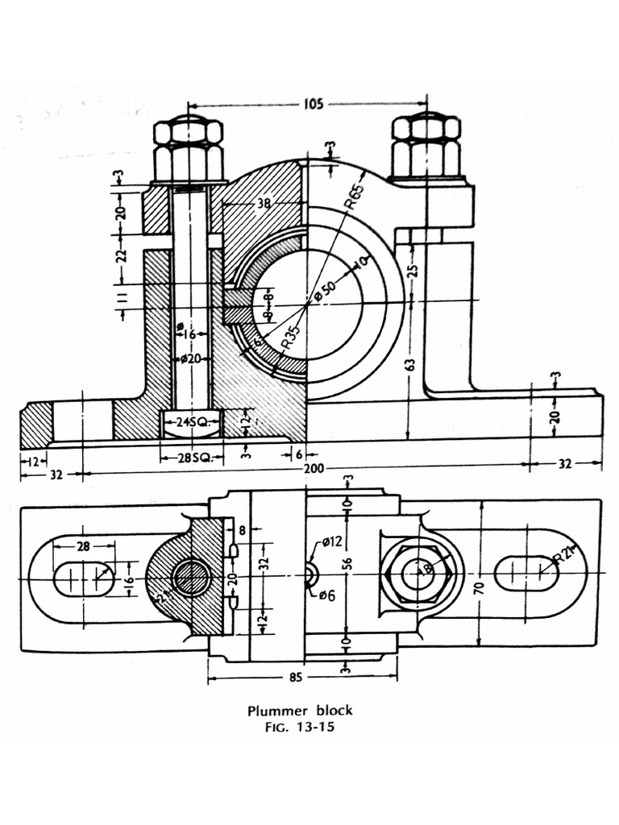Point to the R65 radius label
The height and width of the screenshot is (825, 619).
tap(354, 197)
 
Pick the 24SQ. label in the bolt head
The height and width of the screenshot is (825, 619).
tap(193, 421)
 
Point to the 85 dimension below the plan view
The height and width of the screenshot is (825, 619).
tap(296, 678)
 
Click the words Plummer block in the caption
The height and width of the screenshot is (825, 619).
tap(299, 711)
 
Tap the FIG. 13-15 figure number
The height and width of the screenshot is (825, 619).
tap(299, 727)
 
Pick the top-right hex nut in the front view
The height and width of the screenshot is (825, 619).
tap(426, 147)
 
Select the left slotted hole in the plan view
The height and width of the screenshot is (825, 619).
tap(83, 578)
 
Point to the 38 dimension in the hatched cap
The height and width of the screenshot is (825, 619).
tap(264, 205)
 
